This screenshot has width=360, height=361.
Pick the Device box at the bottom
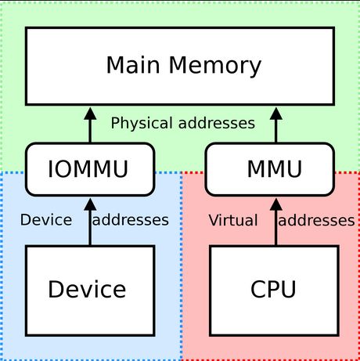pyautogui.click(x=87, y=289)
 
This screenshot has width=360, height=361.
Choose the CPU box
pyautogui.click(x=273, y=289)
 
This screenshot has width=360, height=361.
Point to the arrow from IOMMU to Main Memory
pyautogui.click(x=88, y=127)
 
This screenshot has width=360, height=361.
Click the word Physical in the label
pyautogui.click(x=141, y=123)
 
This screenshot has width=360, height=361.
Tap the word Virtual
pyautogui.click(x=232, y=220)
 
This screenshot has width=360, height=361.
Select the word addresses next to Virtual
pyautogui.click(x=316, y=220)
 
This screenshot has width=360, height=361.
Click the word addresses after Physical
pyautogui.click(x=215, y=123)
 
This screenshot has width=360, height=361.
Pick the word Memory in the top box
pyautogui.click(x=214, y=65)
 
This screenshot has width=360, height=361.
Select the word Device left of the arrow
pyautogui.click(x=45, y=220)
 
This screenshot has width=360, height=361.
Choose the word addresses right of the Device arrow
pyautogui.click(x=130, y=220)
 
